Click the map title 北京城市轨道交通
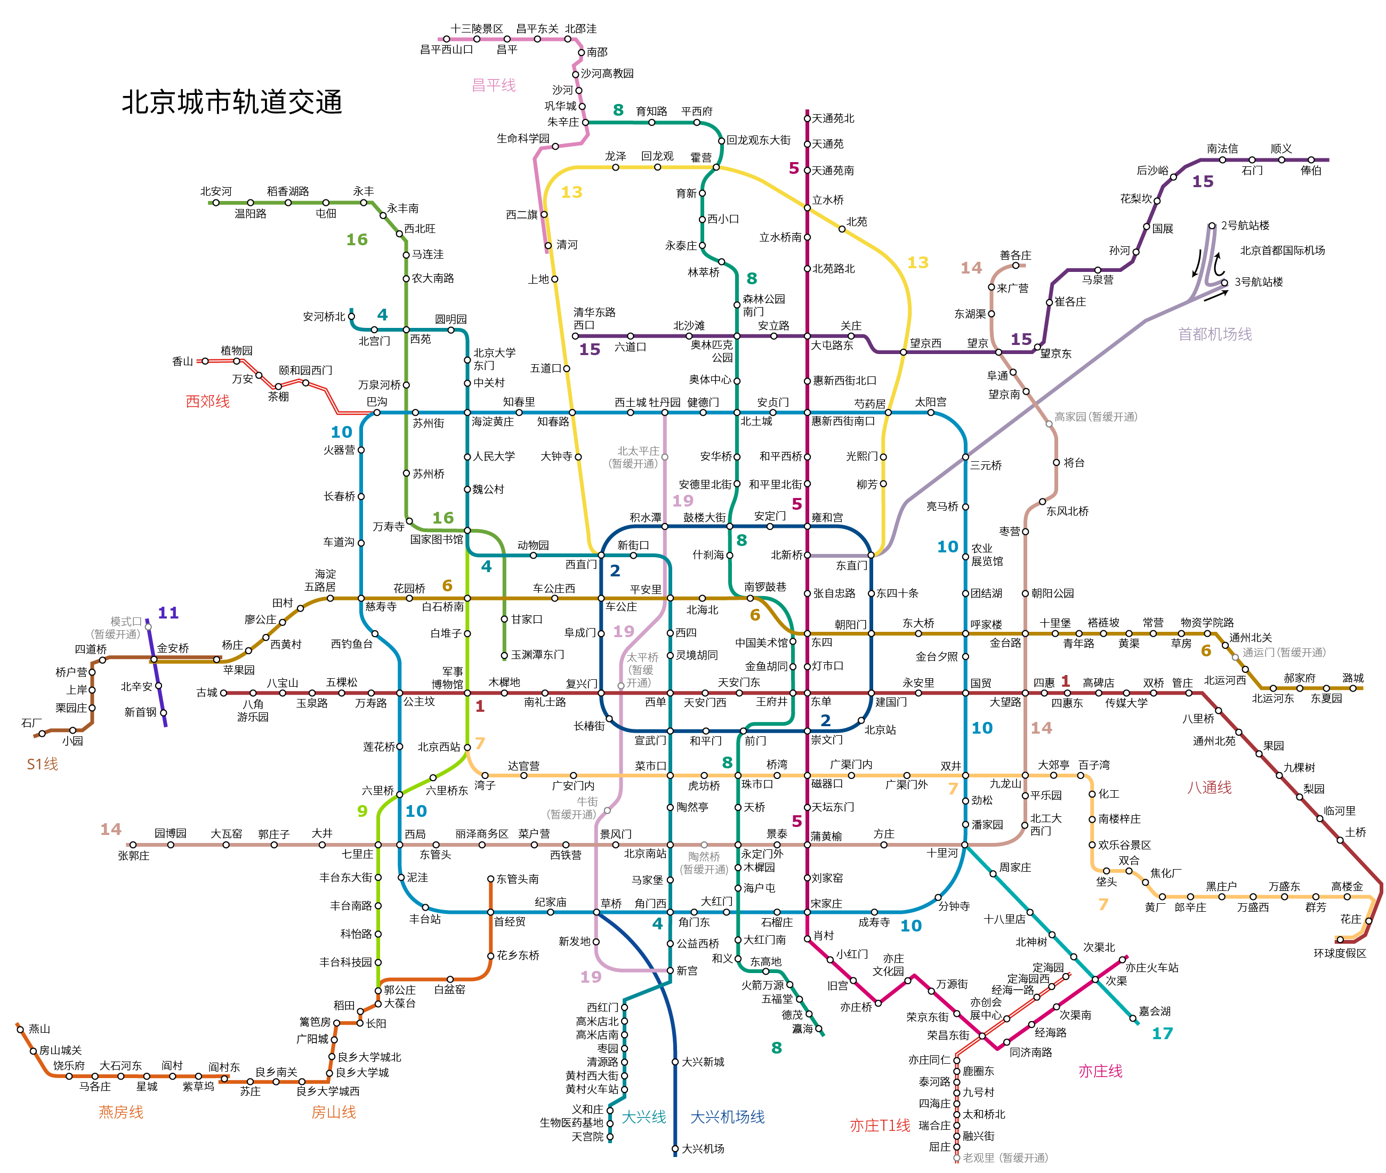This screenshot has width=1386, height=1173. pos(231,102)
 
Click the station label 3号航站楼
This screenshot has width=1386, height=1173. pos(1259,282)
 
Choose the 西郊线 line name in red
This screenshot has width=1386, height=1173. pos(207,401)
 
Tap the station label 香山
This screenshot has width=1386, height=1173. pos(182,361)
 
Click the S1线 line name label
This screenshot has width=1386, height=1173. pos(43,764)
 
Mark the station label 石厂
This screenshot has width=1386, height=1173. pos(32,723)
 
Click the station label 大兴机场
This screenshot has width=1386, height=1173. pos(703,1148)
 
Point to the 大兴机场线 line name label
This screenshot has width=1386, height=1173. pos(727,1116)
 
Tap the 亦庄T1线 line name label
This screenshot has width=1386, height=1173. pos(880,1125)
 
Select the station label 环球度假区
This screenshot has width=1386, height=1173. pos(1340,953)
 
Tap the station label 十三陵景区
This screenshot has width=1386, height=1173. pos(477,29)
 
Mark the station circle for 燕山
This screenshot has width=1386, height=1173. pos(20,1029)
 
